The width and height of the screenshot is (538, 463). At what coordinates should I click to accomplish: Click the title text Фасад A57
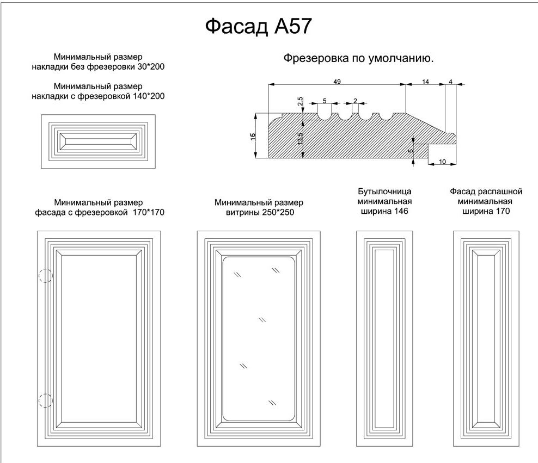click(x=258, y=26)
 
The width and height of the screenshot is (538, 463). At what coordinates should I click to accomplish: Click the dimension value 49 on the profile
click(x=337, y=82)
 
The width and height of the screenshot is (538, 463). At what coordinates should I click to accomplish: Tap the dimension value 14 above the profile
click(x=425, y=82)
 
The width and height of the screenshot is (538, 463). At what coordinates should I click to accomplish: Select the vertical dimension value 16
click(x=253, y=137)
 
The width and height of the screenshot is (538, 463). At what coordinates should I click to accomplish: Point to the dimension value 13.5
click(x=300, y=139)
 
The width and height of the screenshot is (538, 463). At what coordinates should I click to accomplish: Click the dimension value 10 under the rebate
click(x=442, y=162)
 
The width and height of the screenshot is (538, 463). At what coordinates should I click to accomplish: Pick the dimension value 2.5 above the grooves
click(x=300, y=101)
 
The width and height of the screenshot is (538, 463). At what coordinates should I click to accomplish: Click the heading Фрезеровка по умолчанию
click(x=358, y=58)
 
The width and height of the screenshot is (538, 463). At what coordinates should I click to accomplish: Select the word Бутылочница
click(x=384, y=191)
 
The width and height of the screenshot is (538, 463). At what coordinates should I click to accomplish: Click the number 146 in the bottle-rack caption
click(x=401, y=211)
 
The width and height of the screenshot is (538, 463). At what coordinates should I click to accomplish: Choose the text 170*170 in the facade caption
click(x=149, y=213)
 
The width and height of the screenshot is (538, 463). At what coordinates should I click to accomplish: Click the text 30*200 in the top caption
click(x=151, y=66)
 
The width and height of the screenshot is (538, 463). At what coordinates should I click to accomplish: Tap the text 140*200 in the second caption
click(x=149, y=96)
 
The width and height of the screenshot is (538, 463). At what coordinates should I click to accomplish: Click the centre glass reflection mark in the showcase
click(x=262, y=320)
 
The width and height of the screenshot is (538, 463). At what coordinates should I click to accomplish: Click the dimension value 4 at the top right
click(x=450, y=82)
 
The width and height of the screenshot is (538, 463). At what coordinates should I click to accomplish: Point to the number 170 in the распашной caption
click(x=503, y=211)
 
